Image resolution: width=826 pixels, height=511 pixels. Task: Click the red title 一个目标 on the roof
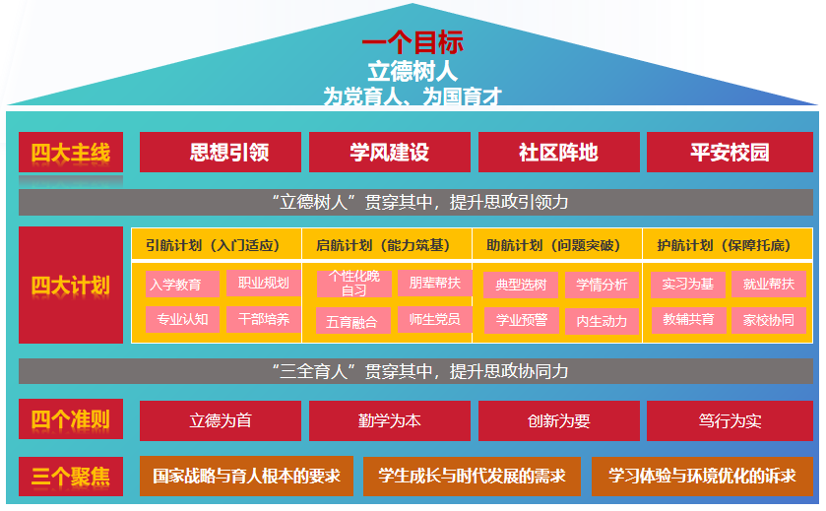pos(413,43)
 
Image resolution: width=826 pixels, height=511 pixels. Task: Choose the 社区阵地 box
pos(558,153)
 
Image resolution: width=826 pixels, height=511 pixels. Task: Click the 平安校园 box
pos(730,153)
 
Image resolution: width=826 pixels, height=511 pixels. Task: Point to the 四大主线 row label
pos(71,153)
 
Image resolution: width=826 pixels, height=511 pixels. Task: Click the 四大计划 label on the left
pos(71,286)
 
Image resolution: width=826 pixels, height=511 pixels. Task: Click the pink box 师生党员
pos(434,319)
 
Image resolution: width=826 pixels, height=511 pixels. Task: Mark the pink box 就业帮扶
pos(768,285)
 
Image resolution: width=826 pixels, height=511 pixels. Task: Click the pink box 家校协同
pos(768,320)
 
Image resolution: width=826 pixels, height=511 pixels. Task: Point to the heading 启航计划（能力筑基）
pos(387,245)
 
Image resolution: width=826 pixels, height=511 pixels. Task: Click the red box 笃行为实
pos(730,420)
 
